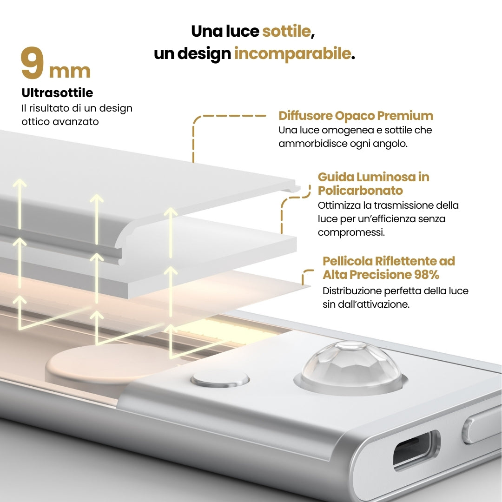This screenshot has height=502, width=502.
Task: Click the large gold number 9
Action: pyautogui.click(x=33, y=62)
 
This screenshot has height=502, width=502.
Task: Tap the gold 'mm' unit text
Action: pyautogui.click(x=70, y=71)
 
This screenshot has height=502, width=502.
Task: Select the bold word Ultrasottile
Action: pyautogui.click(x=57, y=93)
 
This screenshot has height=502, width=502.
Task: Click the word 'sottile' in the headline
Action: pyautogui.click(x=286, y=31)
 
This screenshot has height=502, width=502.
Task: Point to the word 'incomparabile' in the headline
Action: pyautogui.click(x=293, y=53)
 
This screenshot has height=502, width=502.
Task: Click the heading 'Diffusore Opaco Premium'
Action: pyautogui.click(x=356, y=116)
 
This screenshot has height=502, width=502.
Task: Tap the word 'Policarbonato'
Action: pyautogui.click(x=360, y=191)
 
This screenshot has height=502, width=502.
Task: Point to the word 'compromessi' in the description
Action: pyautogui.click(x=350, y=232)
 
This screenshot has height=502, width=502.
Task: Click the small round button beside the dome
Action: pyautogui.click(x=220, y=380)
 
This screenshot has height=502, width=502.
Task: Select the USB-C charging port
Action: pyautogui.click(x=416, y=450)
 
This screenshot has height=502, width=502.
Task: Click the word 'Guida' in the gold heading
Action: pyautogui.click(x=335, y=177)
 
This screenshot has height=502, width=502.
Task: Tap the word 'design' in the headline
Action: pyautogui.click(x=204, y=53)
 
